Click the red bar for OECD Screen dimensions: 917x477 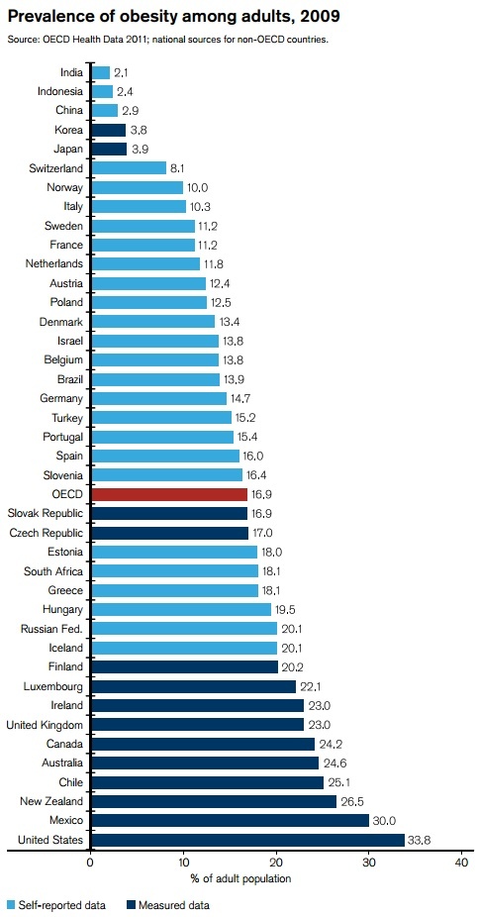tap(168, 493)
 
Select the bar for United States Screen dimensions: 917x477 tap(246, 840)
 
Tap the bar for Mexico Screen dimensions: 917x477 tap(229, 820)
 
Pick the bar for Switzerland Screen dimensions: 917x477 tap(128, 168)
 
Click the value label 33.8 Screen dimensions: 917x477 tap(420, 840)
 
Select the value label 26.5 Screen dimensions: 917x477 tap(353, 801)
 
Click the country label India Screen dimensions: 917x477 tap(70, 72)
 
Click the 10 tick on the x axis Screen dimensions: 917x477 tap(183, 863)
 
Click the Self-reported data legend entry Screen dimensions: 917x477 tap(56, 904)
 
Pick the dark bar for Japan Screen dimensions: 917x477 tap(108, 149)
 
